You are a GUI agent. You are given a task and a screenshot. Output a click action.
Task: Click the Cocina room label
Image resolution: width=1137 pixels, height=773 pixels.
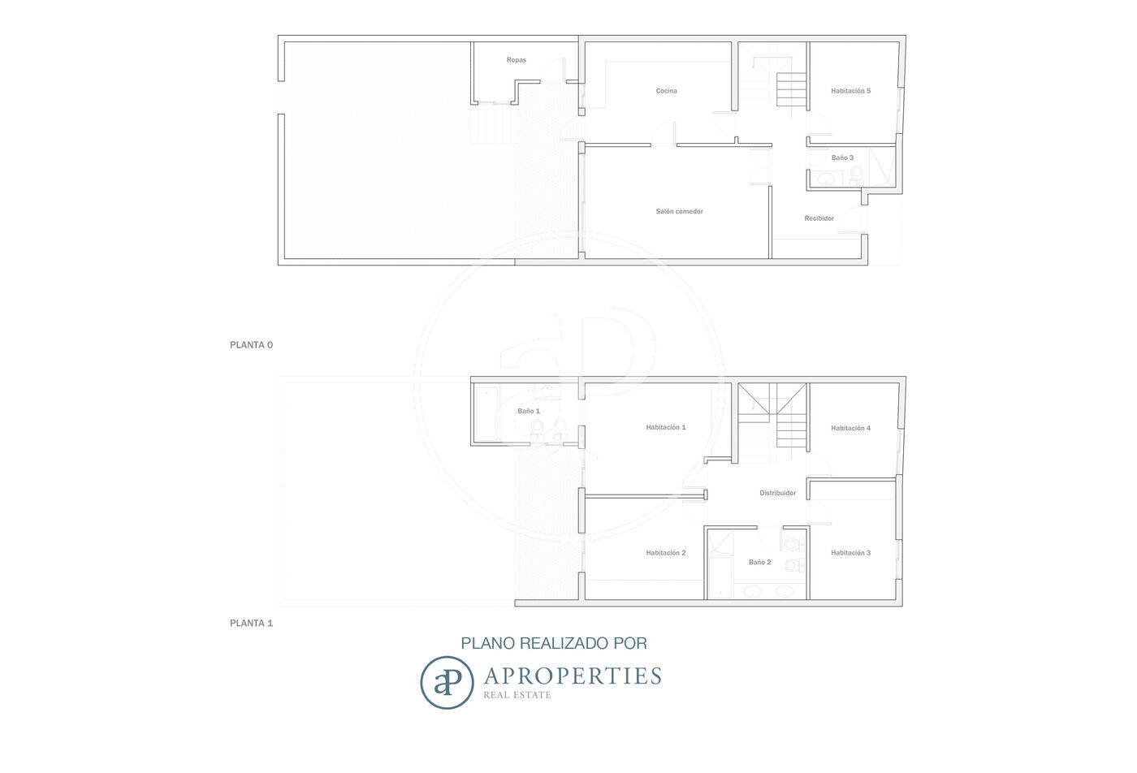click(x=666, y=91)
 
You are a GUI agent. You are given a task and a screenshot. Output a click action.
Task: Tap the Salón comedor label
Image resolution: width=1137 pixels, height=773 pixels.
click(x=679, y=211)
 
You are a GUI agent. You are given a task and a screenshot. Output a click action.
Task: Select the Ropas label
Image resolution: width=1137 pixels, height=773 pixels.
click(x=517, y=60)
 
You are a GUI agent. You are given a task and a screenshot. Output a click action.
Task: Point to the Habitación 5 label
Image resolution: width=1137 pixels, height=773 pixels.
click(x=851, y=91)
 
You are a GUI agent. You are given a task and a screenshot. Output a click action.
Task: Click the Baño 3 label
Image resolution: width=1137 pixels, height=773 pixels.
click(x=843, y=158)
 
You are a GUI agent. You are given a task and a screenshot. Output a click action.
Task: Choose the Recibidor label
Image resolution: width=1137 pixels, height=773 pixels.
click(x=819, y=218)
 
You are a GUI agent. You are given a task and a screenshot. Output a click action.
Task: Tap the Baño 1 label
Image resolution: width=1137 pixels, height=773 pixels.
click(x=529, y=411)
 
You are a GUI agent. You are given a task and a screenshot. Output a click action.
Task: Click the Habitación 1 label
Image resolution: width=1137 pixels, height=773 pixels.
click(x=666, y=427)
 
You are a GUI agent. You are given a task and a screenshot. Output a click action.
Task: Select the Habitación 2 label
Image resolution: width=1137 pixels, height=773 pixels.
click(x=666, y=553)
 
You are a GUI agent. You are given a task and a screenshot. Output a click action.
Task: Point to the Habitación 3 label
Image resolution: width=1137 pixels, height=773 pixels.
click(x=851, y=553)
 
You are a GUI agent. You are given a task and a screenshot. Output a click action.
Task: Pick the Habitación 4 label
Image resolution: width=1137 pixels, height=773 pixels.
click(x=851, y=428)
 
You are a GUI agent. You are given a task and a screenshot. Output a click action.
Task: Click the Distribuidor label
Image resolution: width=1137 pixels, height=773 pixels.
click(x=778, y=493)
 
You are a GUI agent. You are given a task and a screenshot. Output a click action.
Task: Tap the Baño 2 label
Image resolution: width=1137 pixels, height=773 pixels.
click(x=760, y=562)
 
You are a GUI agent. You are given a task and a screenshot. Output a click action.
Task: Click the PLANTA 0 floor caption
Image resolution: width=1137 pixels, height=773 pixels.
click(x=251, y=345)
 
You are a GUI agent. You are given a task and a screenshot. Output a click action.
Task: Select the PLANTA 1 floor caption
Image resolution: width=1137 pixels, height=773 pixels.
click(x=251, y=624)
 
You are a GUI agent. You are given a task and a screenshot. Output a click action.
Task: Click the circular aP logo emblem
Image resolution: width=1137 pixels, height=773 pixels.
click(x=447, y=683)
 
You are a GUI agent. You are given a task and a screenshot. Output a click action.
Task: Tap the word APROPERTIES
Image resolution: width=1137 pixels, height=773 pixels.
click(x=573, y=676)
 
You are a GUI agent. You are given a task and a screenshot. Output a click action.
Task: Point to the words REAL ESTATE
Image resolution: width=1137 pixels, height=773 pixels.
click(x=517, y=695)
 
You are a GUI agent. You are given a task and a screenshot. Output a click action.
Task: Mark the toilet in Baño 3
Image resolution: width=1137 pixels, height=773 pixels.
click(x=856, y=174)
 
